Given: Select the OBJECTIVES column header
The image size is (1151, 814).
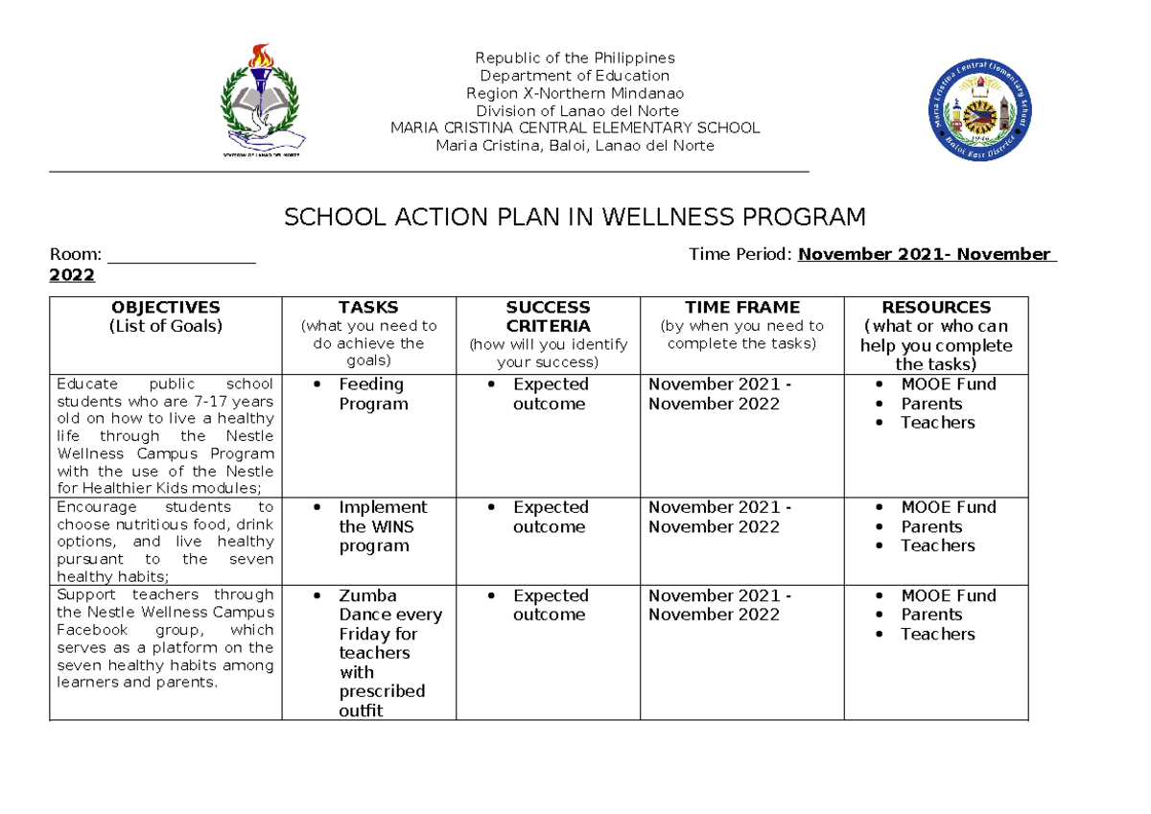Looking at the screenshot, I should [165, 316].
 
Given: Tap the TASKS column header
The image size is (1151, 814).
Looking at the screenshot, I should [368, 333].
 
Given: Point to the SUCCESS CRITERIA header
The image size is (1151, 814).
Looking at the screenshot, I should [548, 334].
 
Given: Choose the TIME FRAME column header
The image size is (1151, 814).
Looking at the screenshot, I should [741, 325].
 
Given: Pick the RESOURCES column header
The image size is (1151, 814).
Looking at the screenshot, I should [935, 335].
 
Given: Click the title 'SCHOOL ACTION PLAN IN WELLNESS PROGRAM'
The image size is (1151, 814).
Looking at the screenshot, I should [575, 218].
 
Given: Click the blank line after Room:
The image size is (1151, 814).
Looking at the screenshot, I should [181, 256].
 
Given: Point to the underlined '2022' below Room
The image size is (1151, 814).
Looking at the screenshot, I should [72, 276].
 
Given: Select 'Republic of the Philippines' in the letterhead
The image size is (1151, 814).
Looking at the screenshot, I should [575, 58].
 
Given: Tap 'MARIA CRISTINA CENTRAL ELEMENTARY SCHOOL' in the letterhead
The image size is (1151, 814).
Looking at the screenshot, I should [575, 128].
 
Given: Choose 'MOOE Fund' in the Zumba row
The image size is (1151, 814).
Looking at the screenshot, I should [948, 595].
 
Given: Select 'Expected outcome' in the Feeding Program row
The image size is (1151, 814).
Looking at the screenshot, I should [550, 394].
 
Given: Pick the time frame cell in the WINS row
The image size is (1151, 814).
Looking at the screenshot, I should [719, 517].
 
